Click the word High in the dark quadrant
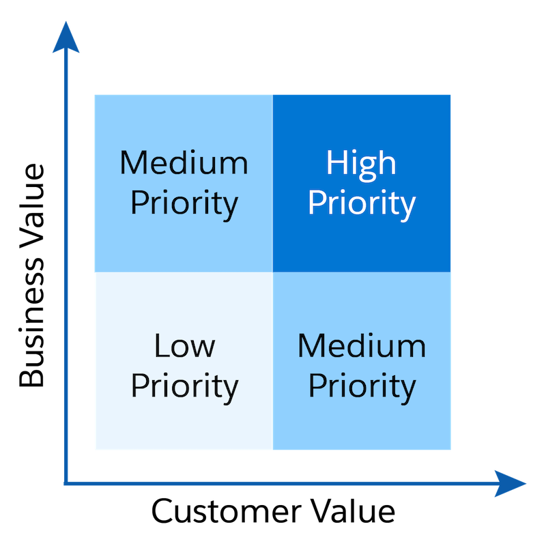click(x=361, y=164)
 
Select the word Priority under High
click(x=361, y=203)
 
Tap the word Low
click(x=184, y=347)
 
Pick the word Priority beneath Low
click(x=184, y=386)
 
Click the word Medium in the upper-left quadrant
click(x=184, y=164)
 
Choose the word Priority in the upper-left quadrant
click(x=184, y=203)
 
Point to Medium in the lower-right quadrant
click(x=361, y=347)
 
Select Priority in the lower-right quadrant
click(x=361, y=386)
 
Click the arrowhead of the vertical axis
click(x=66, y=38)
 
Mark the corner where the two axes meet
click(x=66, y=484)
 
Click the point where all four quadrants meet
click(x=273, y=272)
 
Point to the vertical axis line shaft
click(x=66, y=273)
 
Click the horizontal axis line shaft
click(x=273, y=484)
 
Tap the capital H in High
click(x=335, y=164)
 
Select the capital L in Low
click(x=161, y=347)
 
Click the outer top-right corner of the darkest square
click(x=451, y=94)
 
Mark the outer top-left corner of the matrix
click(x=94, y=94)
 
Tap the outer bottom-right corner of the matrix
click(x=451, y=450)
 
